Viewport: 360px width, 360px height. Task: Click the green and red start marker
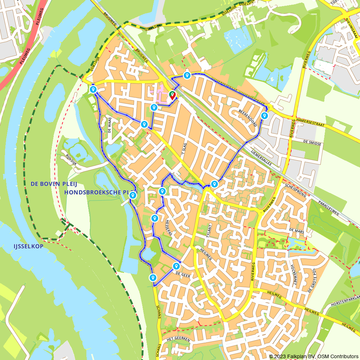172,95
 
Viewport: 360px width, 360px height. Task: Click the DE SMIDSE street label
312,143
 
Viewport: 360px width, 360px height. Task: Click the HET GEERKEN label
179,339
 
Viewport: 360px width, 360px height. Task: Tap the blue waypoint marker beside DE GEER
176,266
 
